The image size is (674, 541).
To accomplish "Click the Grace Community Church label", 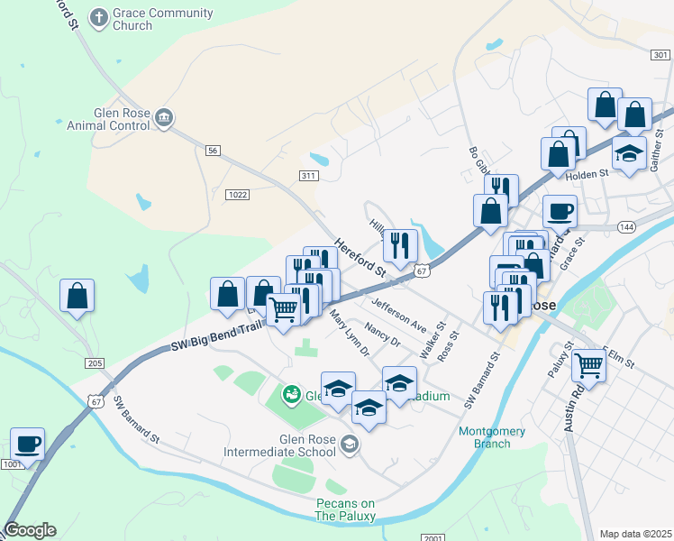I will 163,20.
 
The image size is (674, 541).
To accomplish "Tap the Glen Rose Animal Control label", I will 107,120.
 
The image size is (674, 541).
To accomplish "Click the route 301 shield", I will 658,55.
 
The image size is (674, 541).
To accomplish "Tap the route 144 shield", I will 627,225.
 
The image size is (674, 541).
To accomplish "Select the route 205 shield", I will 96,363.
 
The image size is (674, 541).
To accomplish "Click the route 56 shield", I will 213,151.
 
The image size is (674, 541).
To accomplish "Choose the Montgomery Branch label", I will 491,436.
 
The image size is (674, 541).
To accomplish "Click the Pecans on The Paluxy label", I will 345,509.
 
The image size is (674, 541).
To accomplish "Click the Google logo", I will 30,530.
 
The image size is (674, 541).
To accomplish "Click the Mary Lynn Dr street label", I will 350,334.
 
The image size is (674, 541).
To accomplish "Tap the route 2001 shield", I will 433,537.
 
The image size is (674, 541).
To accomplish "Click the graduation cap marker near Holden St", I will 629,154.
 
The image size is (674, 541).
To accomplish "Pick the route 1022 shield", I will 238,194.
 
